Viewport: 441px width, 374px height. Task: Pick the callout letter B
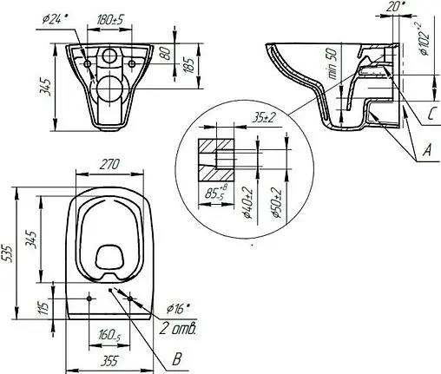point(178,358)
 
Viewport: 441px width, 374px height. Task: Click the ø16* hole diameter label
point(176,308)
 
